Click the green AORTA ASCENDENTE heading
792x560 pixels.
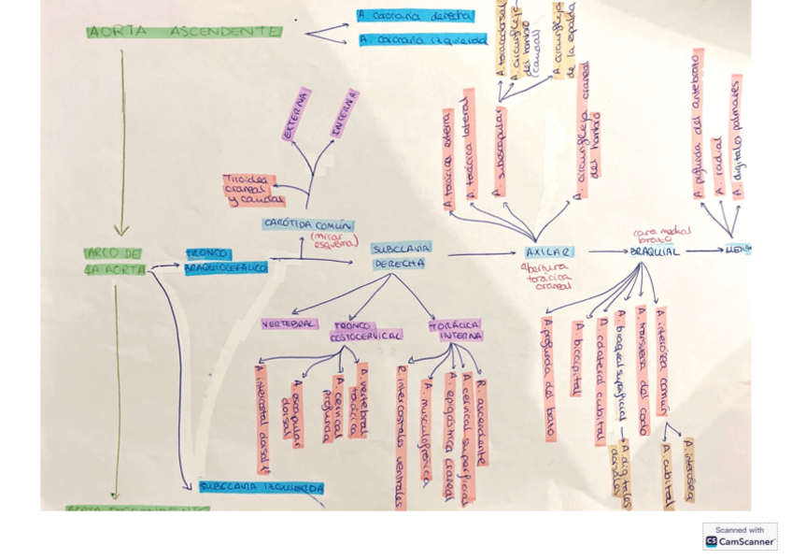183,32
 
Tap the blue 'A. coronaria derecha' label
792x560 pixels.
415,16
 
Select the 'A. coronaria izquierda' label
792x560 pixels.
422,40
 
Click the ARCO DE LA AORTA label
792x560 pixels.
114,261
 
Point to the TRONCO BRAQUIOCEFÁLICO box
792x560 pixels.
224,261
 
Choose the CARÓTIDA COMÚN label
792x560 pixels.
307,225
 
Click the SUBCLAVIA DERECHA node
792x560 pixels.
401,255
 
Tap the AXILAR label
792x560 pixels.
549,252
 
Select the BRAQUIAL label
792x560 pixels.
655,251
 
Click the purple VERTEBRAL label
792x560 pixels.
288,323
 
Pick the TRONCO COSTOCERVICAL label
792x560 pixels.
366,330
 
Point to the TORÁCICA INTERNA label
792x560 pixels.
456,330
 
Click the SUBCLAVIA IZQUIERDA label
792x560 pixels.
261,487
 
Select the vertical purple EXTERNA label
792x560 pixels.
296,116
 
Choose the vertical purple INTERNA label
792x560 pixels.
345,113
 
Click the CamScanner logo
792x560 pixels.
740,536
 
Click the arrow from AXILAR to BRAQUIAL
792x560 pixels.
607,251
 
